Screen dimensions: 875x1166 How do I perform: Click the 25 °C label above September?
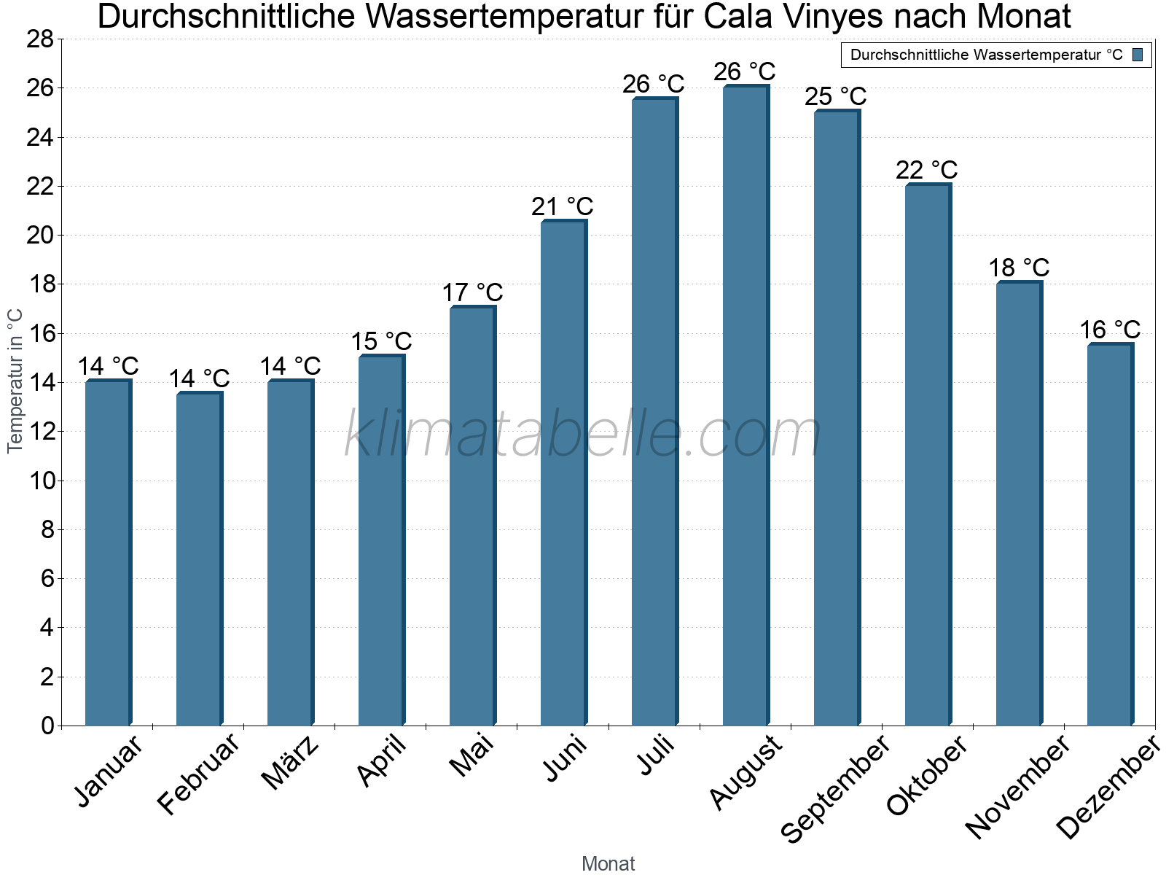point(835,96)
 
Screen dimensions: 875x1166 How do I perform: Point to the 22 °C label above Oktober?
point(926,170)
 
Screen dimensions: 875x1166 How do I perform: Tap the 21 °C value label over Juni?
point(562,207)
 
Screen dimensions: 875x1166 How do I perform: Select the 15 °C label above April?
point(381,341)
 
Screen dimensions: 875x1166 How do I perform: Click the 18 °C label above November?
point(1018,268)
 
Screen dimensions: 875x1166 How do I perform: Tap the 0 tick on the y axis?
point(47,726)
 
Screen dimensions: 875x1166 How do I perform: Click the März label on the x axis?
point(291,763)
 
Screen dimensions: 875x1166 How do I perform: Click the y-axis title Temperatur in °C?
point(15,381)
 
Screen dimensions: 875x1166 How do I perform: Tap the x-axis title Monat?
point(608,863)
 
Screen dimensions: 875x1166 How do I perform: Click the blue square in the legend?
point(1138,55)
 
